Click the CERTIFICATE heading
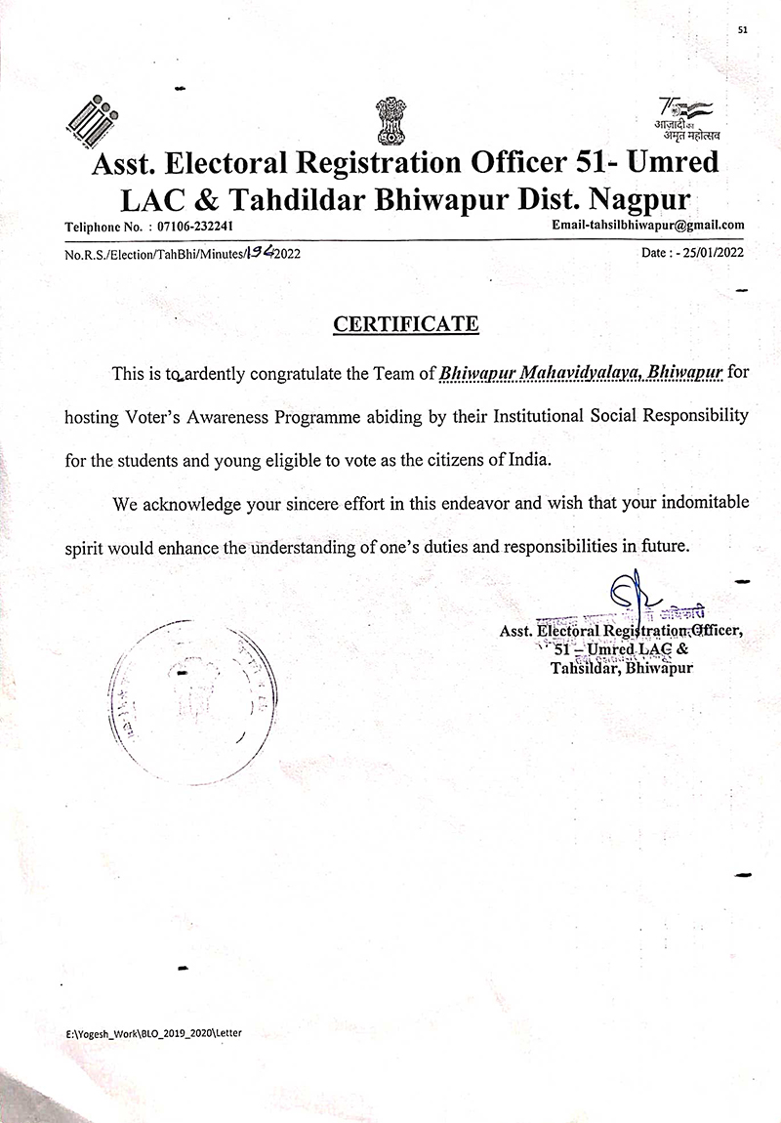pos(406,323)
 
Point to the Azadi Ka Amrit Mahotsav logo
pos(686,116)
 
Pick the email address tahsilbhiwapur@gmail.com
pos(648,225)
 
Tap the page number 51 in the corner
pos(743,30)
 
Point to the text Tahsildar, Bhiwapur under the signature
pos(622,669)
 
